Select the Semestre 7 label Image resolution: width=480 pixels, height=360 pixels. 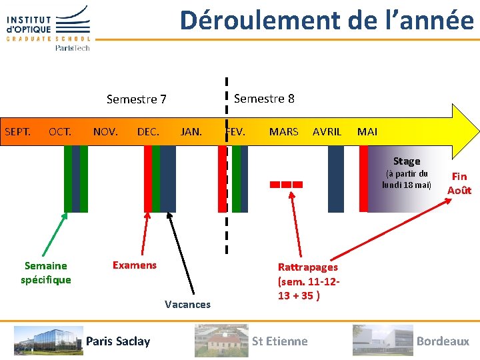click(136, 99)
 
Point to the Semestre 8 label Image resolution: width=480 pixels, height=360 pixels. click(264, 99)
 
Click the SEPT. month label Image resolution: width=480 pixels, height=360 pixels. click(18, 131)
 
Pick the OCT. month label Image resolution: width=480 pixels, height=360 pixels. click(60, 131)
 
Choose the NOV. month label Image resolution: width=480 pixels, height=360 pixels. click(105, 131)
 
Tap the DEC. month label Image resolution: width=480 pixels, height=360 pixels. click(148, 131)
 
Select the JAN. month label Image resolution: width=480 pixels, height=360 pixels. click(191, 131)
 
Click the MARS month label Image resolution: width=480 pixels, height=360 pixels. click(283, 131)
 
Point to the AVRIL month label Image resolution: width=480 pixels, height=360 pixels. click(327, 131)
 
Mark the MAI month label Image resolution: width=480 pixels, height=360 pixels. click(367, 131)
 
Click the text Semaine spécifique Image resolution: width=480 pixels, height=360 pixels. click(45, 273)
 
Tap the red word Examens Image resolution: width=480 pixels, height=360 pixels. click(135, 265)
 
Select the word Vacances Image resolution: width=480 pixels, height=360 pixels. click(187, 305)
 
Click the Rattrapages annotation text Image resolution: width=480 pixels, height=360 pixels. click(308, 281)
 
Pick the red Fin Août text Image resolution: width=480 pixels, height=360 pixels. click(459, 183)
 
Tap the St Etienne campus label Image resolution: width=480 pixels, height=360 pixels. click(279, 341)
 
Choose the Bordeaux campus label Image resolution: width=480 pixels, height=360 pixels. click(443, 341)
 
